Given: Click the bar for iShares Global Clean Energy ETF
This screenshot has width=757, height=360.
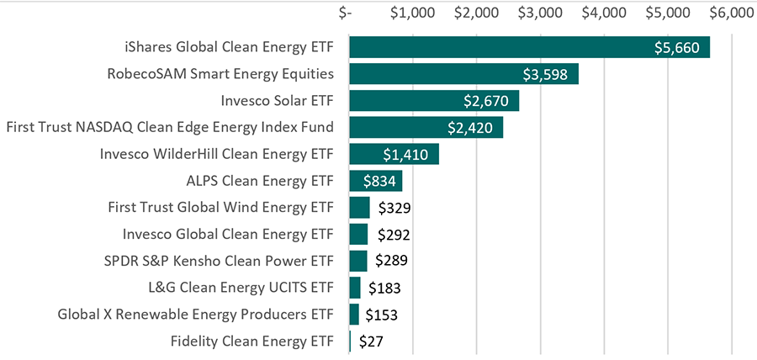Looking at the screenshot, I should pos(529,47).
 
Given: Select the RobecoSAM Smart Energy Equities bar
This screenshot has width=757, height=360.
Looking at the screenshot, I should pos(463,74).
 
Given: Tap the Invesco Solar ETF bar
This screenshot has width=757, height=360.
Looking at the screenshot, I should pos(434,101).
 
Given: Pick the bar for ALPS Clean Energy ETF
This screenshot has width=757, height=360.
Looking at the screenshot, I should pos(375,181).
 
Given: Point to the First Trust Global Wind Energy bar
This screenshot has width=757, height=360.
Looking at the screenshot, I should pos(359,208).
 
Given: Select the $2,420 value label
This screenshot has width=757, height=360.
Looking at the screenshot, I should pos(471,128).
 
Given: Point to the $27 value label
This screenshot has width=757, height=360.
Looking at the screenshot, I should pos(373,341).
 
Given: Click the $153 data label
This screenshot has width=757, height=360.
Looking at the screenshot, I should pos(382,315).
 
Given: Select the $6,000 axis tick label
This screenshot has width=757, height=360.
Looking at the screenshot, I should pos(732,13).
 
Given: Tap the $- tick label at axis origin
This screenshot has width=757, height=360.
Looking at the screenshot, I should pos(346,13).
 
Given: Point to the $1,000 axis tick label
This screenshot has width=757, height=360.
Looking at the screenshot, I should pos(412,13).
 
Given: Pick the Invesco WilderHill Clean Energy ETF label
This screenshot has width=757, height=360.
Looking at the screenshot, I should pos(216,155).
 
